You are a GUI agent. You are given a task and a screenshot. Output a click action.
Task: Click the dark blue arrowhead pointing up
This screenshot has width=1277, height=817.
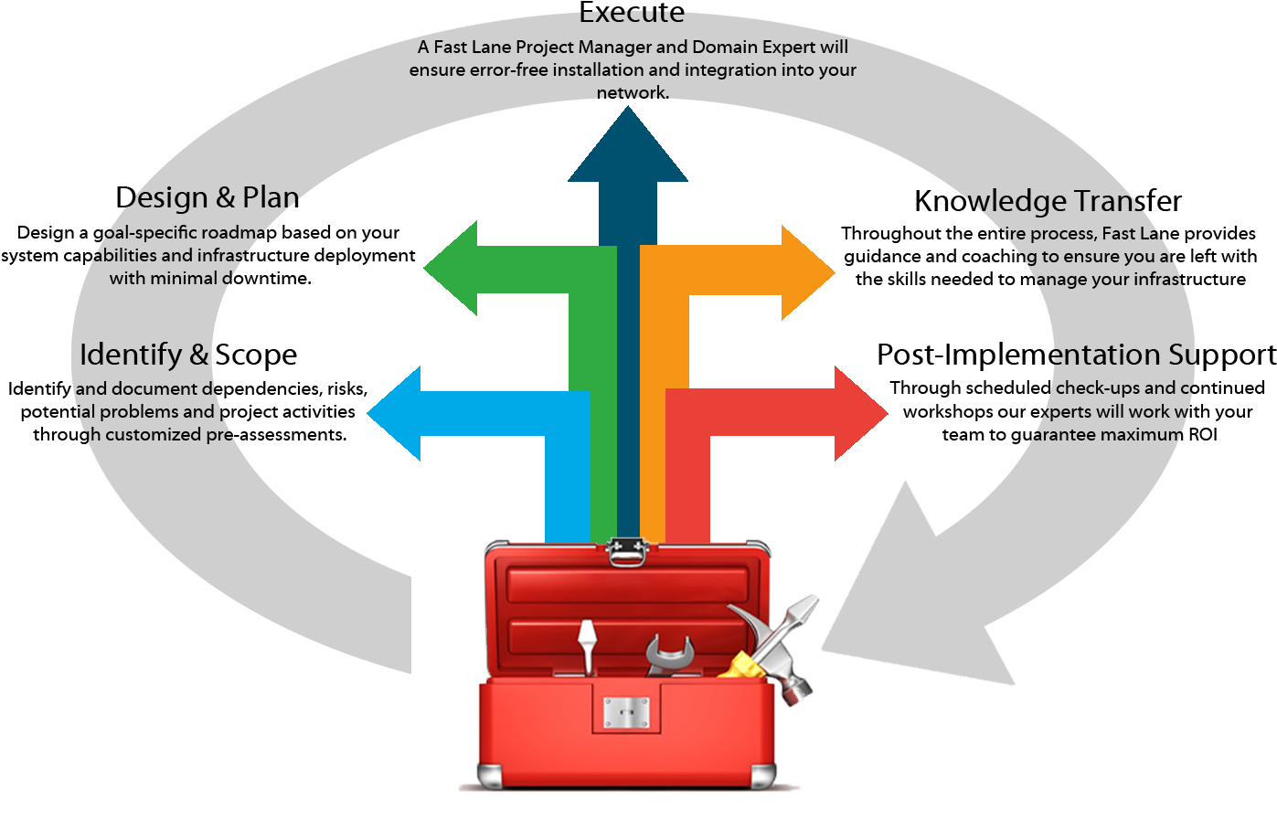[x=628, y=151]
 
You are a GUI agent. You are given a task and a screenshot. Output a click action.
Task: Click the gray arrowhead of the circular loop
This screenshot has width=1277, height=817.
[x=923, y=603]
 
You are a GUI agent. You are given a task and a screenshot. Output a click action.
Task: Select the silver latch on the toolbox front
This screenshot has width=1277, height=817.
[x=626, y=712]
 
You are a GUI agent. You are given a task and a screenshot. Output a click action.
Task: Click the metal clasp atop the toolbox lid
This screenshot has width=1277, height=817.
[x=626, y=552]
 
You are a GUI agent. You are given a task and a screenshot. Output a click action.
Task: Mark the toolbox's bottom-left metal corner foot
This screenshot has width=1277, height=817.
[x=490, y=777]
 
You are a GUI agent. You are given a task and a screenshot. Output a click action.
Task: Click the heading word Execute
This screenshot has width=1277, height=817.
[x=632, y=13]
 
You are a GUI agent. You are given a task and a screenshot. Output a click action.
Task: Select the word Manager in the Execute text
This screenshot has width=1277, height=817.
[x=631, y=47]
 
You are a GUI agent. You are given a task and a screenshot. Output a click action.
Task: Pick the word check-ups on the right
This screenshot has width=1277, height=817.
[x=1102, y=388]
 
